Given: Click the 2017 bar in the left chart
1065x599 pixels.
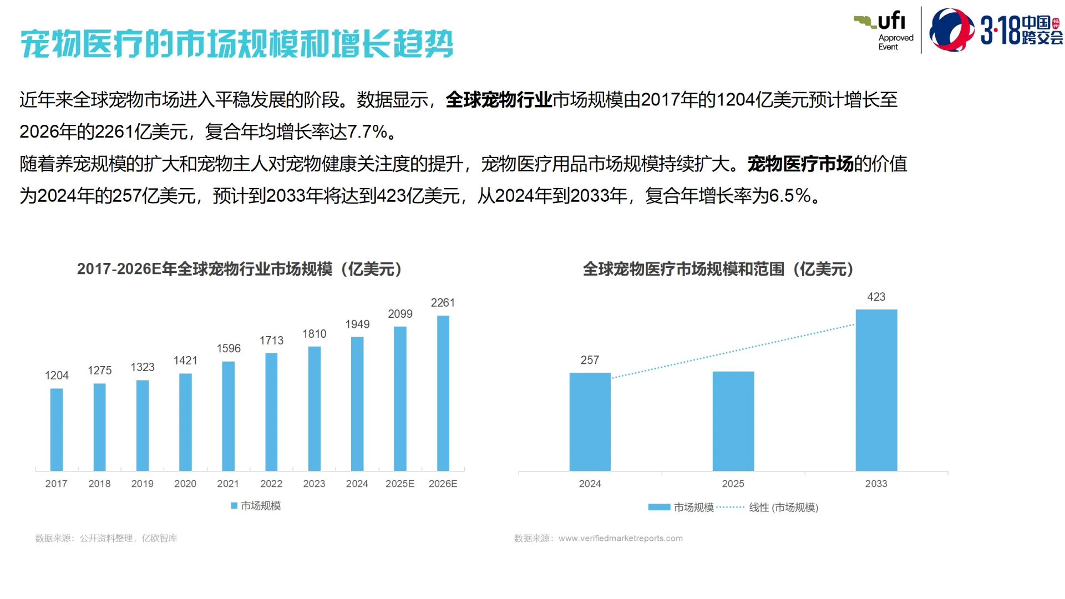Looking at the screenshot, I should click(57, 429).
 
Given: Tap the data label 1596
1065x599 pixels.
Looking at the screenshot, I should click(229, 348).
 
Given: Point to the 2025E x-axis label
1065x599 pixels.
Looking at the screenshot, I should click(400, 484).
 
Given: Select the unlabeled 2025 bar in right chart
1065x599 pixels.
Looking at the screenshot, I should click(733, 421).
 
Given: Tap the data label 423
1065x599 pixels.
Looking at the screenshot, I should click(876, 297).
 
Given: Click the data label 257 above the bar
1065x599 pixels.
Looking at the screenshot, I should click(590, 360).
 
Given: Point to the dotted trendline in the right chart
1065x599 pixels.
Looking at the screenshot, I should click(732, 351).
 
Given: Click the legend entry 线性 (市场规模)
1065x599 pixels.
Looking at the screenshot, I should click(783, 507).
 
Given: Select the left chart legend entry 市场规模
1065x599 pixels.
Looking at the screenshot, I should click(260, 506).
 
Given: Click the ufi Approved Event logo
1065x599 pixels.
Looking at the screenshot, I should click(884, 31).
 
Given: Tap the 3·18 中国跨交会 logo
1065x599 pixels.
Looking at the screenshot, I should click(996, 31).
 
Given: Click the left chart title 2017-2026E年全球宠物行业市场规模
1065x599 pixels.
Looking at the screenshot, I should click(239, 269).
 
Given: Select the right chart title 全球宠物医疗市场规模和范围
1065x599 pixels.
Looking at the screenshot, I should click(718, 269).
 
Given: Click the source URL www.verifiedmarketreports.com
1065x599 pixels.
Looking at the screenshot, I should click(620, 538).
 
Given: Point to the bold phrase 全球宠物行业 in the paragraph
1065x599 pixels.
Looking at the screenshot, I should click(498, 100).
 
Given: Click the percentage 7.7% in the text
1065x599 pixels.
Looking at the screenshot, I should click(367, 132).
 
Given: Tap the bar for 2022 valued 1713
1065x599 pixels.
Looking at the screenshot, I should click(271, 412).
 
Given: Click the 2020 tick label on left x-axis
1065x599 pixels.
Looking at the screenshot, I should click(185, 484).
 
